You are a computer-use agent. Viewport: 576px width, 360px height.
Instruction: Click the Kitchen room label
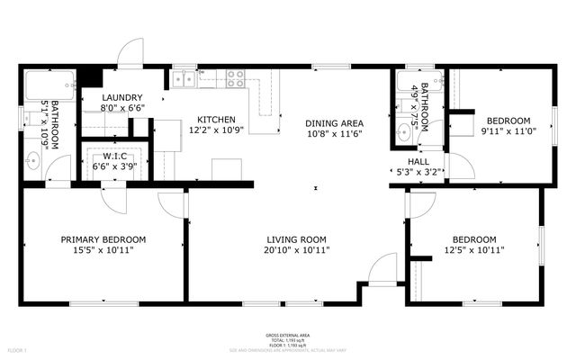[216, 120]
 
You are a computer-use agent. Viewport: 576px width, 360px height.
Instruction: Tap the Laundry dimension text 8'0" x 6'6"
[123, 107]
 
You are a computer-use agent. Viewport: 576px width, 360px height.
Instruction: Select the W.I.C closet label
[109, 156]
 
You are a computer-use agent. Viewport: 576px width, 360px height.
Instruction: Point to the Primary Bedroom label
[103, 239]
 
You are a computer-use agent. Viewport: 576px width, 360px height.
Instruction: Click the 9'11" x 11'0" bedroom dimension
[508, 132]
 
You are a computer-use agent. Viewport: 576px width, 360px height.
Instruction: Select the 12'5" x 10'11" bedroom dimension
[473, 251]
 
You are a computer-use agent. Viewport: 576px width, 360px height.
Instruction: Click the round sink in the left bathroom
[33, 163]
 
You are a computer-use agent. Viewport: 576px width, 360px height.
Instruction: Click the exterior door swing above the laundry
[132, 52]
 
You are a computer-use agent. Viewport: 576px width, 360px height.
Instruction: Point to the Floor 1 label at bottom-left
[18, 348]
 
